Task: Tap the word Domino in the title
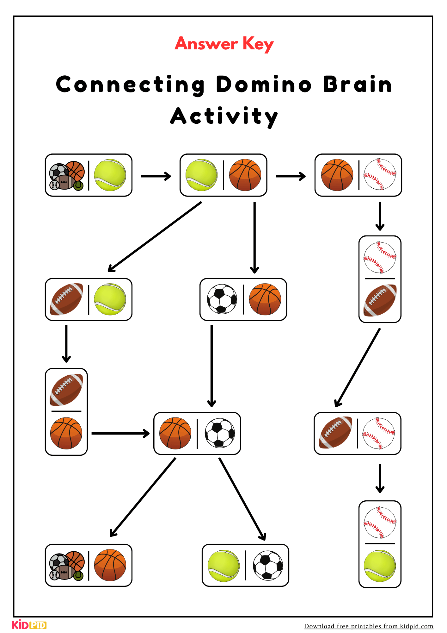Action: tap(264, 85)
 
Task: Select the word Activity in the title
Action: tap(224, 116)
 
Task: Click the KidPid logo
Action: tap(29, 624)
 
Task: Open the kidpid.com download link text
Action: tap(369, 626)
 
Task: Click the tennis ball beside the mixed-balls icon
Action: tap(110, 175)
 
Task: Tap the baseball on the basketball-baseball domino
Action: tap(380, 174)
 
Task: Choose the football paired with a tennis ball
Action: tap(66, 299)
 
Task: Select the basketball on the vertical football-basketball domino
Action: tap(66, 433)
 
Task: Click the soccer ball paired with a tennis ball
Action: tap(268, 566)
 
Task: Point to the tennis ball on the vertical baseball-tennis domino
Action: tap(380, 566)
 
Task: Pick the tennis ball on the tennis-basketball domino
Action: tap(201, 175)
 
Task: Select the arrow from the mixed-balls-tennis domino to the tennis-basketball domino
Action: tap(156, 176)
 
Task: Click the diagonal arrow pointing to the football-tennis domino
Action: tap(155, 237)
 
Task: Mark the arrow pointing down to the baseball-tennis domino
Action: tap(380, 479)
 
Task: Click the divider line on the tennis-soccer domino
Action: tap(245, 565)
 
